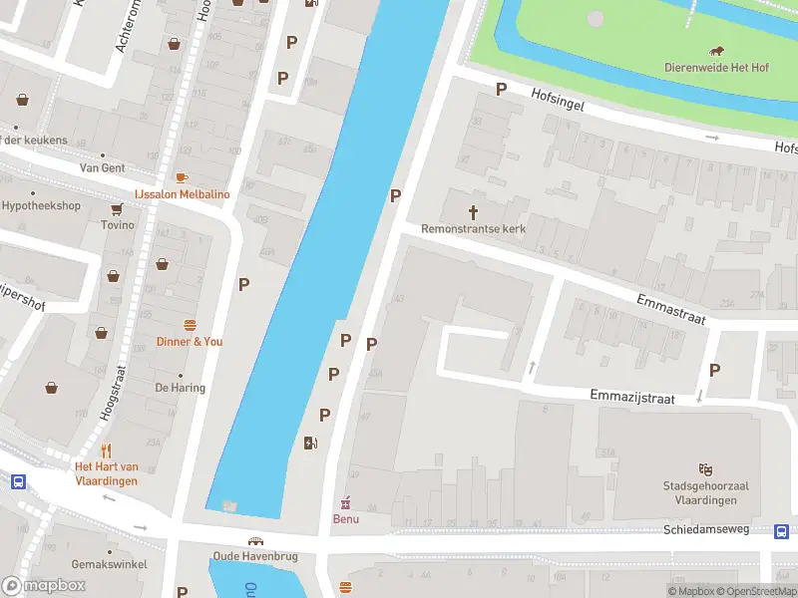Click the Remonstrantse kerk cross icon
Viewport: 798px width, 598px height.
pos(474,211)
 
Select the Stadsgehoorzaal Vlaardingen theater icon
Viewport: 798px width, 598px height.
pos(705,469)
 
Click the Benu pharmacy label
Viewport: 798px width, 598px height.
pos(345,518)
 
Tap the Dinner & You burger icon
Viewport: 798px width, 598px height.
pos(190,326)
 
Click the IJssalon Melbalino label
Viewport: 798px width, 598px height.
pos(182,194)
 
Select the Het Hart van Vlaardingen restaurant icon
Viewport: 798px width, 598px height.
pos(106,450)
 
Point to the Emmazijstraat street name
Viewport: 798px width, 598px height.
pos(631,398)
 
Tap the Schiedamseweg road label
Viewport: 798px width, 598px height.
pos(706,529)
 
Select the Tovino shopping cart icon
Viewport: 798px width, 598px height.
pos(117,209)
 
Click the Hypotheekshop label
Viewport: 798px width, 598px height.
pos(41,206)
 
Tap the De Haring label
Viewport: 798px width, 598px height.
pos(180,388)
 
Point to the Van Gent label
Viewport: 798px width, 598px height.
pos(103,168)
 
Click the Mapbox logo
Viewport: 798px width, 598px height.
pos(44,585)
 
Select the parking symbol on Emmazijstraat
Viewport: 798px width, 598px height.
pos(714,370)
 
